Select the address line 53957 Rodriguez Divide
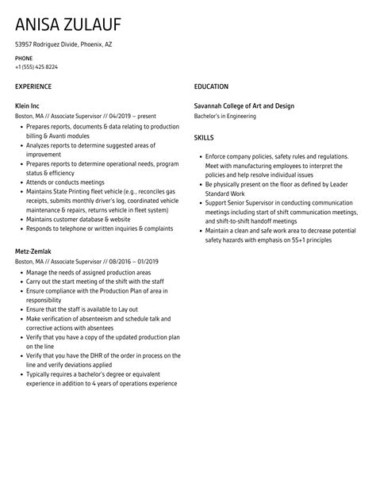[63, 44]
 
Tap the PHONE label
[25, 59]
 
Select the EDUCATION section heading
[211, 86]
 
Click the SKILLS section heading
[205, 137]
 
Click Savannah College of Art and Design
[250, 105]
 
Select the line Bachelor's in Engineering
[225, 117]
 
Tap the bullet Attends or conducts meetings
[64, 182]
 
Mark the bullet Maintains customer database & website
[78, 219]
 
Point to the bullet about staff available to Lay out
[76, 309]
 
